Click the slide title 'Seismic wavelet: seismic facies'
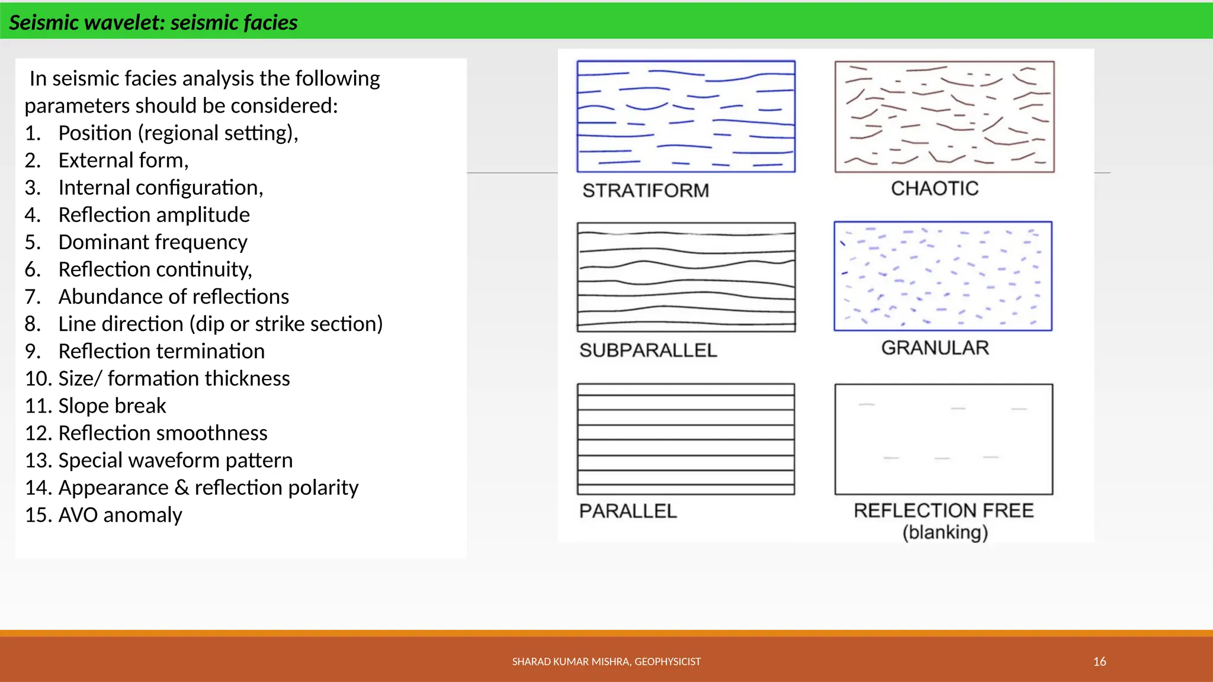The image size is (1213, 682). pos(153,22)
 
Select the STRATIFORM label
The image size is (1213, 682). pos(646,191)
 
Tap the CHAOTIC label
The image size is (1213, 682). pos(935,189)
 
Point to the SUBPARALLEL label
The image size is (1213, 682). pos(648,350)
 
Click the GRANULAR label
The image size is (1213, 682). pos(935,348)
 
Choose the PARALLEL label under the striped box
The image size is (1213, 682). pos(628,511)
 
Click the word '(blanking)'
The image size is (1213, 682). pos(945,532)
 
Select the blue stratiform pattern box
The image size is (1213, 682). pos(686,117)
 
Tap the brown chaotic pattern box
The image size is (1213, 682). pos(944,117)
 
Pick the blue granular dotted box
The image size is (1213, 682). pos(943,276)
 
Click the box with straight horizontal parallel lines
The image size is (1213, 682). pos(686,439)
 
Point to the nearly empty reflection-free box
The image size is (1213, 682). pos(944,439)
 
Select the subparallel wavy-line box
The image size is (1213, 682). pos(686,277)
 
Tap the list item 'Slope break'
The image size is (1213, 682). pos(112,406)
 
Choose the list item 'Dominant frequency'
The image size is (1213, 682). pos(152,242)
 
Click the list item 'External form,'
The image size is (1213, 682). pos(123,160)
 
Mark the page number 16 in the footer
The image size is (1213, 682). pos(1099,662)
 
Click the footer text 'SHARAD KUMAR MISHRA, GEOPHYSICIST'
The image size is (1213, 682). pos(606,662)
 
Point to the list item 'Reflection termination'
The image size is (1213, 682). pos(161,352)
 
